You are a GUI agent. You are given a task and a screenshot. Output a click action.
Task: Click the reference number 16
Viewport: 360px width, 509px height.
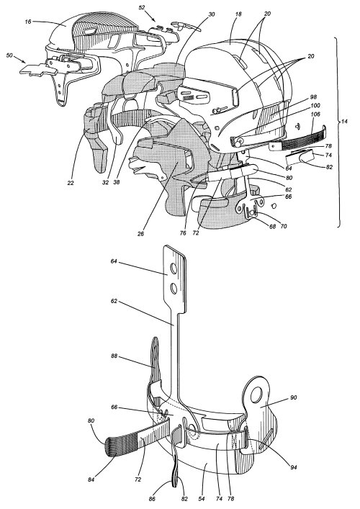pyautogui.click(x=28, y=22)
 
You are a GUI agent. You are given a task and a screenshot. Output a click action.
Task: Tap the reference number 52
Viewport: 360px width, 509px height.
pyautogui.click(x=142, y=7)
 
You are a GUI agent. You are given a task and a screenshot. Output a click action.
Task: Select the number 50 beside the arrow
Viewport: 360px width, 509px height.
pyautogui.click(x=10, y=55)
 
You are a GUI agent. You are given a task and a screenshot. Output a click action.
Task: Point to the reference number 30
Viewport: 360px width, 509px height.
pyautogui.click(x=212, y=14)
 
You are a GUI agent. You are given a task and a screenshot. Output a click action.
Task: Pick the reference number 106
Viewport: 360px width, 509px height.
pyautogui.click(x=315, y=114)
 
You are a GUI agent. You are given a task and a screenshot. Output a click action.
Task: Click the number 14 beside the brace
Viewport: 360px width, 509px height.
pyautogui.click(x=344, y=121)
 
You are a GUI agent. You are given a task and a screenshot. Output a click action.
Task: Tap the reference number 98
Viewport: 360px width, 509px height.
pyautogui.click(x=313, y=97)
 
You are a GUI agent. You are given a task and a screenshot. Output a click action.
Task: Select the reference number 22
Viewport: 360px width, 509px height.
pyautogui.click(x=71, y=183)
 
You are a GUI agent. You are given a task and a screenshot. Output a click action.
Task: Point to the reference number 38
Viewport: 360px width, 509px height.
pyautogui.click(x=116, y=182)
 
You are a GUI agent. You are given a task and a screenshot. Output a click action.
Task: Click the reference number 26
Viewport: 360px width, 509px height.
pyautogui.click(x=140, y=233)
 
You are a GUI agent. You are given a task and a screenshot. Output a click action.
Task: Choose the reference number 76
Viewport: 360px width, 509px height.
pyautogui.click(x=183, y=233)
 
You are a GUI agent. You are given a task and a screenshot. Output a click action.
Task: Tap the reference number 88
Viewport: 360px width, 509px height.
pyautogui.click(x=114, y=356)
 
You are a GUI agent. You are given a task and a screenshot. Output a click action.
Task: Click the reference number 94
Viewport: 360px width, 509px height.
pyautogui.click(x=294, y=467)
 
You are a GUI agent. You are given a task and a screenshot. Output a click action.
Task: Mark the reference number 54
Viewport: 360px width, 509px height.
pyautogui.click(x=202, y=499)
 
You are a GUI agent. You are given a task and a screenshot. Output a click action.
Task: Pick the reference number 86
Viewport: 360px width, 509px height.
pyautogui.click(x=152, y=499)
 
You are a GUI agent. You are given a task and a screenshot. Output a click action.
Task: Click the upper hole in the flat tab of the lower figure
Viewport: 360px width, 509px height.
pyautogui.click(x=174, y=269)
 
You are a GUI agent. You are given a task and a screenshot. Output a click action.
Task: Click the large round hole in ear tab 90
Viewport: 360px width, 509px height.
pyautogui.click(x=256, y=393)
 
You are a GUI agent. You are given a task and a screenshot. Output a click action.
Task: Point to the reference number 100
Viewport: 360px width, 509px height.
pyautogui.click(x=315, y=105)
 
